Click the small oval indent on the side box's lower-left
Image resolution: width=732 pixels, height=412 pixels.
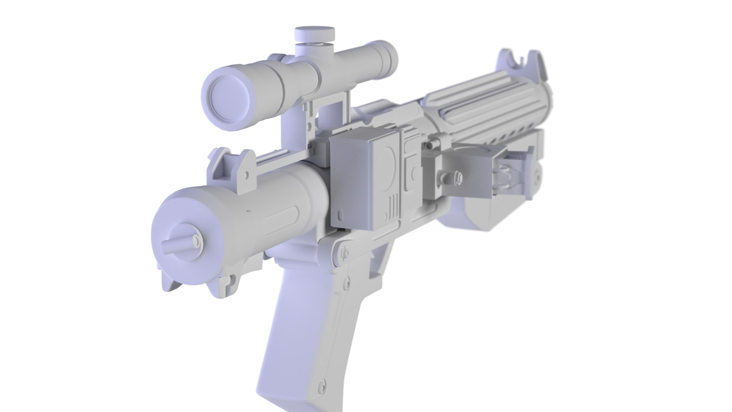pyautogui.click(x=340, y=216)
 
